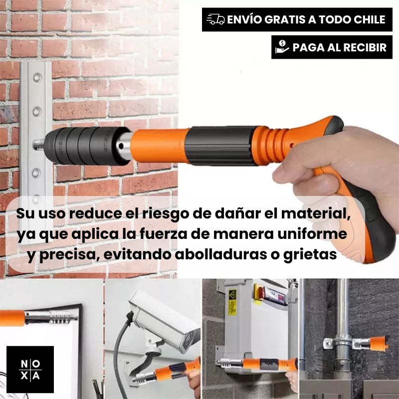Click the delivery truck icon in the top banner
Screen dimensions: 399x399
click(215, 19)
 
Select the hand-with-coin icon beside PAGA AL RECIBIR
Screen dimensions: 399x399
click(282, 47)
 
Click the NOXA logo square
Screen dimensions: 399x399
click(30, 369)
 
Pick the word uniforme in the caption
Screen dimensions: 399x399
click(312, 233)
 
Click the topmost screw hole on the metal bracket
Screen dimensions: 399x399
click(37, 77)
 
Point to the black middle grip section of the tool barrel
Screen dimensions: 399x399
click(221, 146)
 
